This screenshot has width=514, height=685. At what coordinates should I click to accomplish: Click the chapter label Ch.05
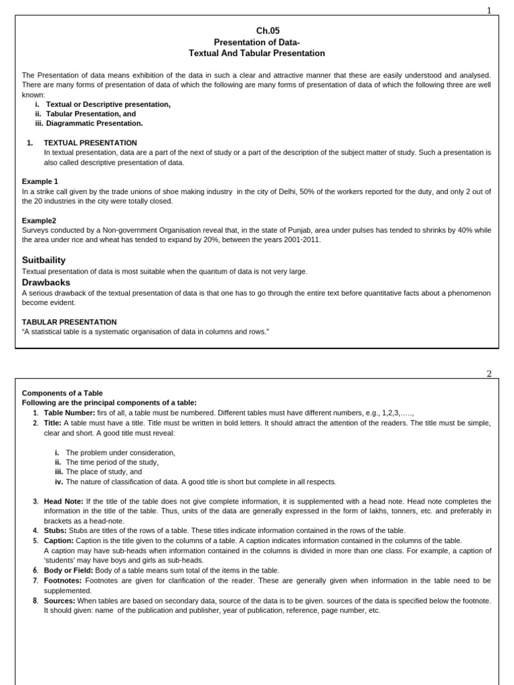point(268,31)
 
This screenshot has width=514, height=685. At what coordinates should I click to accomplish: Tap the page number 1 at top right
point(489,10)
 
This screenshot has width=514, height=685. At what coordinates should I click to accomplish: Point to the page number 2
point(489,373)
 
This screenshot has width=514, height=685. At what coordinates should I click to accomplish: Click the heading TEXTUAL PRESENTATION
point(90,143)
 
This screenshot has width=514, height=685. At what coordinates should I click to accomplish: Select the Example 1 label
point(40,181)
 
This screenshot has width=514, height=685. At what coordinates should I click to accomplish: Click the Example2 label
point(39,220)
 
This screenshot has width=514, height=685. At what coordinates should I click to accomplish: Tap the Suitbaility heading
point(44,260)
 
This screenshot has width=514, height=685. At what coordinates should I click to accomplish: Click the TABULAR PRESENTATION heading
point(70,322)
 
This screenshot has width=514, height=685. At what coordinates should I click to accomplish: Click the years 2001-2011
point(301,239)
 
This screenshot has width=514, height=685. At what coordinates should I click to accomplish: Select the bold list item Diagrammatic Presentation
point(94,123)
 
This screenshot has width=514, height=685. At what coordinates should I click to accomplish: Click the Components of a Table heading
point(62,393)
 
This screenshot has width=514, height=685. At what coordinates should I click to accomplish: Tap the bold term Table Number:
point(70,413)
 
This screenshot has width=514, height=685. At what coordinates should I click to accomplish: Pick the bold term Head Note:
point(64,501)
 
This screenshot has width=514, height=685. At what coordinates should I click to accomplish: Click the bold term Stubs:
point(56,530)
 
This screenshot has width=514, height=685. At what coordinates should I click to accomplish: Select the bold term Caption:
point(59,541)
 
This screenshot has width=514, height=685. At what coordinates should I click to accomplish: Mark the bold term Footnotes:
point(64,581)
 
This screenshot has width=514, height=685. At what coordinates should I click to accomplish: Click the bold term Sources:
point(60,601)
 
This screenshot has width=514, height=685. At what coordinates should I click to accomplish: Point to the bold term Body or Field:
point(69,571)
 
